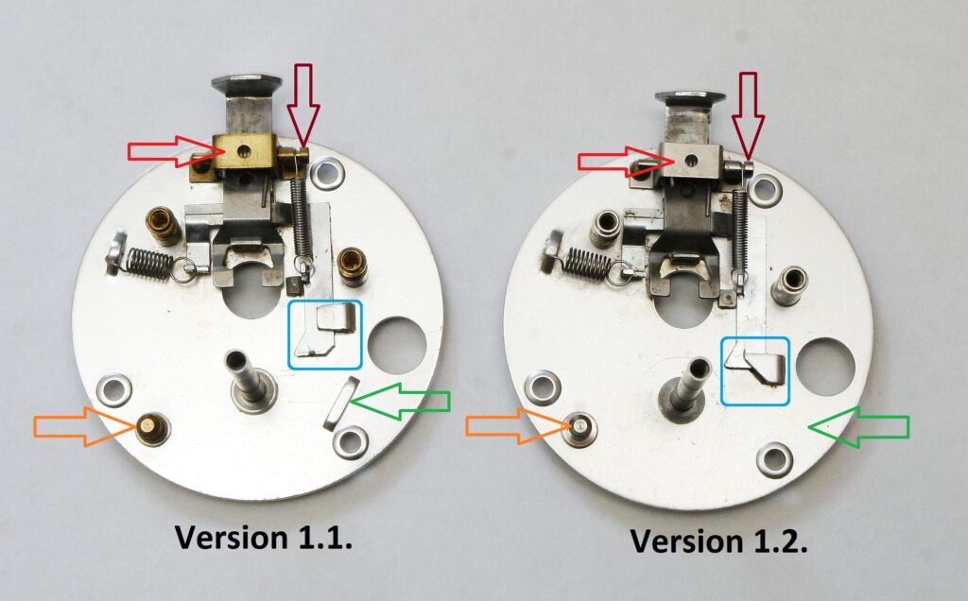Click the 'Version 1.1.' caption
click(264, 538)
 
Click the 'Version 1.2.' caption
click(718, 541)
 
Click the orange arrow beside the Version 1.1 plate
click(85, 426)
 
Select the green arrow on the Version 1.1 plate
click(400, 401)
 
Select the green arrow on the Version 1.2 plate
click(858, 426)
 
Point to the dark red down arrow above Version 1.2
click(749, 116)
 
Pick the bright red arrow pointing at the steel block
click(625, 162)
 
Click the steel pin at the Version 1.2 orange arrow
click(580, 426)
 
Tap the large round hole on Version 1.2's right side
click(825, 367)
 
